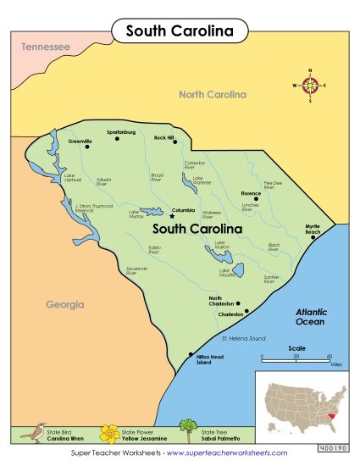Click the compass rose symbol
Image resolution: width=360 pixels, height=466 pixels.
click(310, 85)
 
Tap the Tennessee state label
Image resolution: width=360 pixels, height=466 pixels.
click(46, 47)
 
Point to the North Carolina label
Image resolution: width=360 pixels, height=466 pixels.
click(212, 95)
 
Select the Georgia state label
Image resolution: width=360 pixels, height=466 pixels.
click(65, 303)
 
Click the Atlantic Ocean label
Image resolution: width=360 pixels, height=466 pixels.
click(311, 317)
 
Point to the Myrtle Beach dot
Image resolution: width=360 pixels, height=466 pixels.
click(312, 237)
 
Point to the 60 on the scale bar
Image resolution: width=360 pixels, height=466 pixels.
click(329, 357)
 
